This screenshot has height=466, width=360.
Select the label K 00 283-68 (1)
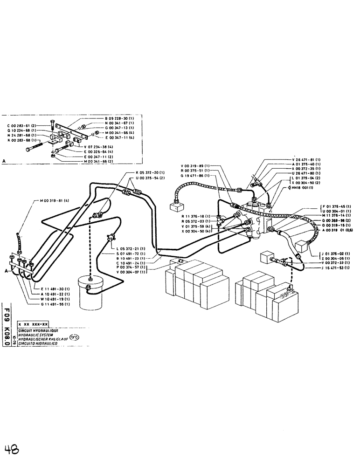tap(20, 140)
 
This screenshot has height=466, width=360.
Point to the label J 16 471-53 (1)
tap(326, 268)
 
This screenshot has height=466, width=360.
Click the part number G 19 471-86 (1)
tap(195, 176)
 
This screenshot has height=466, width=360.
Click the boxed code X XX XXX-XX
tap(33, 323)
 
